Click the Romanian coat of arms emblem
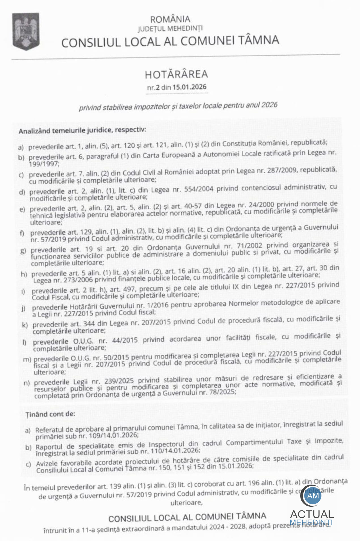point(25,31)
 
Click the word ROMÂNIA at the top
point(170,19)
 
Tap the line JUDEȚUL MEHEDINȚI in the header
point(170,29)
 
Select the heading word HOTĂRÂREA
point(176,74)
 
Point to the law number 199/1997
point(44,164)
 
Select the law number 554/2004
point(199,189)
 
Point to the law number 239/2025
point(119,381)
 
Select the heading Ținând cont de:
point(50,414)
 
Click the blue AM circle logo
point(313,496)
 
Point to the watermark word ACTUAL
point(312,514)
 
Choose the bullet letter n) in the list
point(26,383)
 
